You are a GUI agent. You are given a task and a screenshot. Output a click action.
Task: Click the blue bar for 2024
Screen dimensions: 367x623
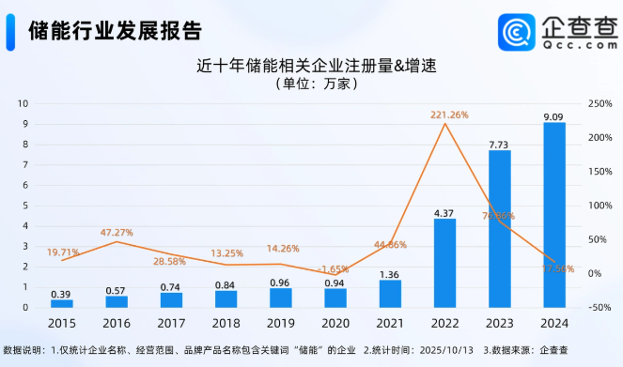554,216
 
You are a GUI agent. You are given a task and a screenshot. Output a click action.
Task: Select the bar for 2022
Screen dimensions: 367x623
444,263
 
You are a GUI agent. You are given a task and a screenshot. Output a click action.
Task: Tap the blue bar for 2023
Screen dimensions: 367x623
500,229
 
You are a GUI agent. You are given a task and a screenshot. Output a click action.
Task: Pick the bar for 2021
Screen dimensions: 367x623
390,294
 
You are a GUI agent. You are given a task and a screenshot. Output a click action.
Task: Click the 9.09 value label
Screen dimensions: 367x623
554,116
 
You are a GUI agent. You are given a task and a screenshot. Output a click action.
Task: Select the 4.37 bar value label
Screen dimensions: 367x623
444,212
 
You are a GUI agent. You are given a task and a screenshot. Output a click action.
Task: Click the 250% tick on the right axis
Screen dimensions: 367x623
600,103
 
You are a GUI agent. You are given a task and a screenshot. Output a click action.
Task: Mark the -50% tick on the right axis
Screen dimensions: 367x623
597,307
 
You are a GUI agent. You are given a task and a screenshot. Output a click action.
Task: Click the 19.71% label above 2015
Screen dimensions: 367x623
63,252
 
